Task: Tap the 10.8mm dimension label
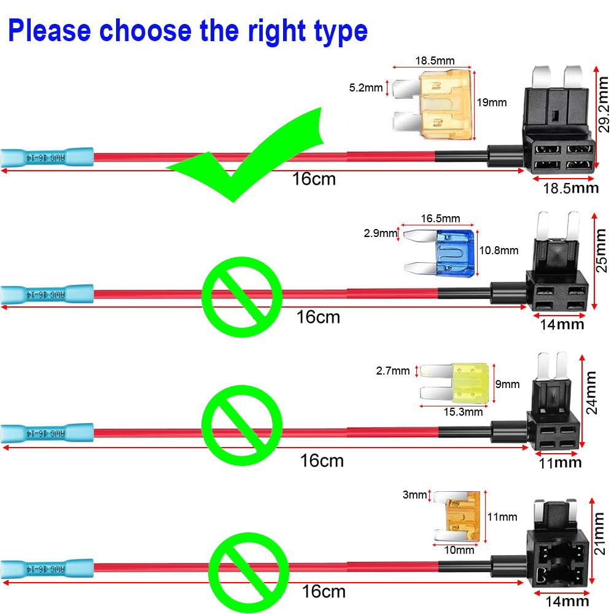tap(498, 251)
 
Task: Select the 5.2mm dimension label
tap(365, 88)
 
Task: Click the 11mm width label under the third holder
tap(559, 462)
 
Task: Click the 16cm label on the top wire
tap(314, 179)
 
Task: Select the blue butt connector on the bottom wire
tap(47, 569)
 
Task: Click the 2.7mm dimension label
tap(392, 371)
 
